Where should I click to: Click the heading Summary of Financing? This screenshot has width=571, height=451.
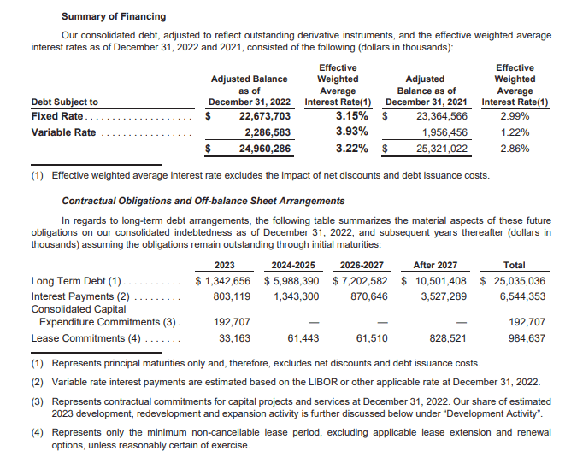tap(114, 16)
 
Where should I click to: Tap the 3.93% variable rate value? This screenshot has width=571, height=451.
tap(351, 132)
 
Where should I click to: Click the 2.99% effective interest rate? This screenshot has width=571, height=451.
tap(515, 116)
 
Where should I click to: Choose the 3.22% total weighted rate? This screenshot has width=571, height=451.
tap(351, 148)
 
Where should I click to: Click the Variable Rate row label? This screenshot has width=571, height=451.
tap(64, 132)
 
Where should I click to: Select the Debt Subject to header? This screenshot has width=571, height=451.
tap(64, 102)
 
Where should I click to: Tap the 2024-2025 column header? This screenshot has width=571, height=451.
tap(294, 265)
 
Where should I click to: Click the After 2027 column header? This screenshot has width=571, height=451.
tap(435, 265)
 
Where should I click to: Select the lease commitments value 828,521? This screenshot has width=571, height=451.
tap(441, 338)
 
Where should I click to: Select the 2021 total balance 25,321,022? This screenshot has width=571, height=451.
tap(441, 149)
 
